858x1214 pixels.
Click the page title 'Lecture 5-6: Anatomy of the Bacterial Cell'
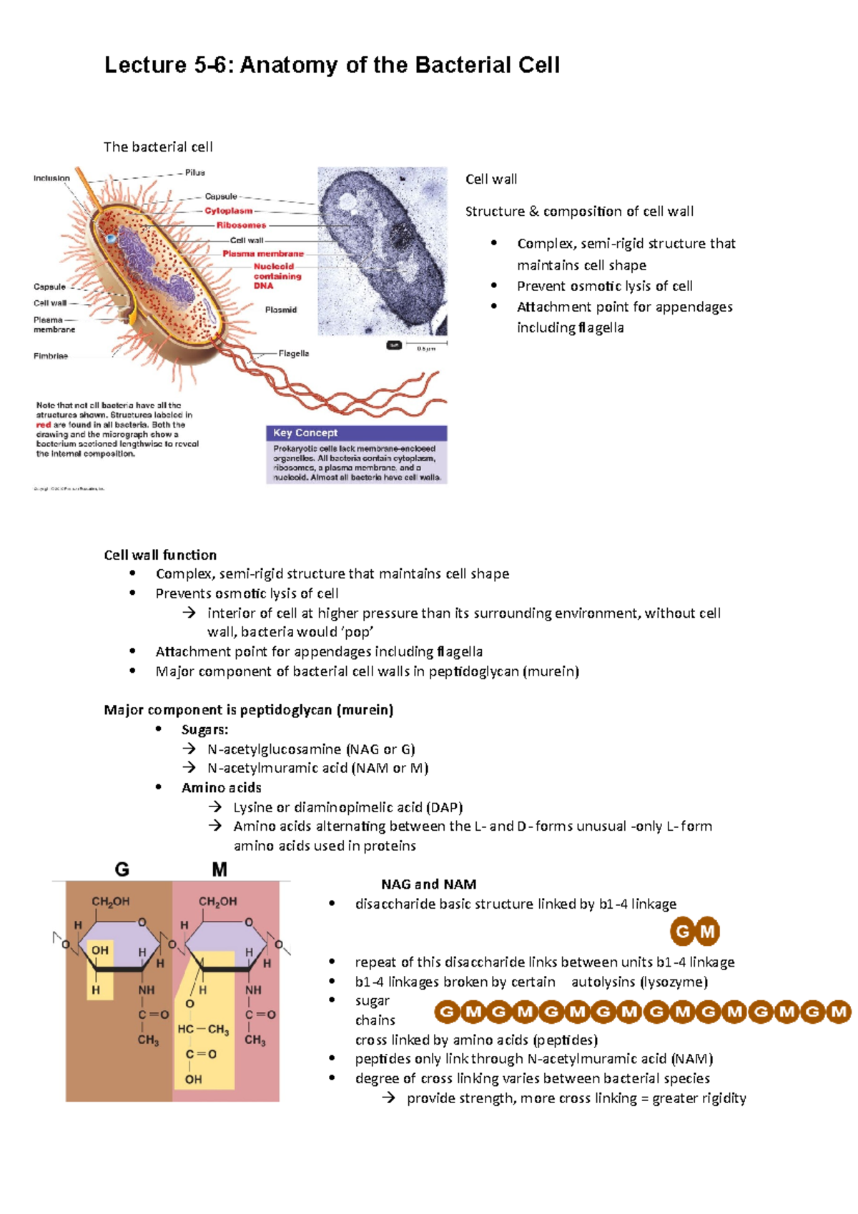click(332, 65)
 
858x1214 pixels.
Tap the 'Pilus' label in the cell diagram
click(194, 172)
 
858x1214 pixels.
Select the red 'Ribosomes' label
click(241, 224)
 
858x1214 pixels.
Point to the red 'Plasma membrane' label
click(262, 253)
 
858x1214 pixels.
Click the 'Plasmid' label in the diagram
click(280, 310)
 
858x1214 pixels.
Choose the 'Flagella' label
click(293, 353)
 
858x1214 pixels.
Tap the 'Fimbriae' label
click(51, 355)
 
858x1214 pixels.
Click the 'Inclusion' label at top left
click(51, 178)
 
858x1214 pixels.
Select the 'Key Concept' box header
click(306, 433)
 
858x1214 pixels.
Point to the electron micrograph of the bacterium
click(383, 250)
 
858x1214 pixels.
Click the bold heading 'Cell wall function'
click(160, 555)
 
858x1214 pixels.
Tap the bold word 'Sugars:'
click(204, 729)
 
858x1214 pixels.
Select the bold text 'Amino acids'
click(221, 787)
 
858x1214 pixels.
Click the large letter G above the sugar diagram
click(122, 869)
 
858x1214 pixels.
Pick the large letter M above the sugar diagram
click(220, 869)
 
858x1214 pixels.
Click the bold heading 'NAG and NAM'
click(429, 884)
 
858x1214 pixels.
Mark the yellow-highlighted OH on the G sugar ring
click(100, 950)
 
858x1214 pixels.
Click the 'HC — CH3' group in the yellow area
click(203, 1030)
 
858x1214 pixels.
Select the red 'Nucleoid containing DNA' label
click(277, 276)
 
